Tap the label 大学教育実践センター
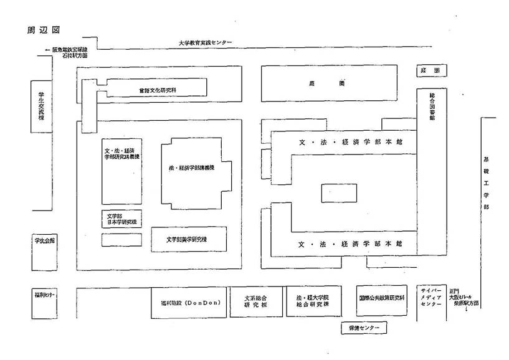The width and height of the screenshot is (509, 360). (x=205, y=42)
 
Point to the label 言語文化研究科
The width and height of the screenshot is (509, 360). (x=158, y=90)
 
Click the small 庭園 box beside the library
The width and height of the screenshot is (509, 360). (x=432, y=71)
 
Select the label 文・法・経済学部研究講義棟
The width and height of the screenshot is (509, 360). (x=122, y=154)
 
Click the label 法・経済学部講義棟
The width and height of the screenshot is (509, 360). (x=192, y=169)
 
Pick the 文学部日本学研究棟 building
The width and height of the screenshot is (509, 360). (x=121, y=219)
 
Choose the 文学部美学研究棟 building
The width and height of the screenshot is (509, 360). (x=188, y=239)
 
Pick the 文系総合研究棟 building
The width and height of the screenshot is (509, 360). (x=255, y=302)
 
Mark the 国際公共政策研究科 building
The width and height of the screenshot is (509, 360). (x=381, y=298)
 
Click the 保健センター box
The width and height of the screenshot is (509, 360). (x=363, y=327)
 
